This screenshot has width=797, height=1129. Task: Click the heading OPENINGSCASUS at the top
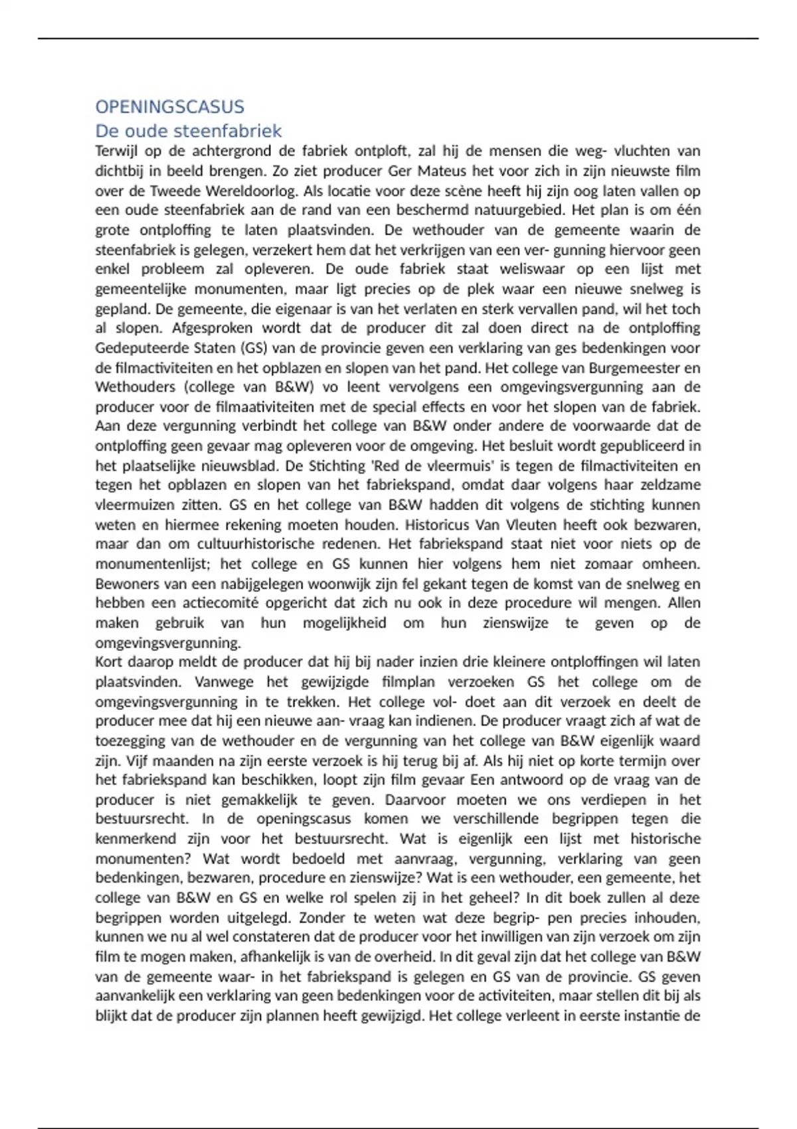click(x=169, y=107)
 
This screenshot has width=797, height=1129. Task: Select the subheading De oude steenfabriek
click(x=189, y=131)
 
